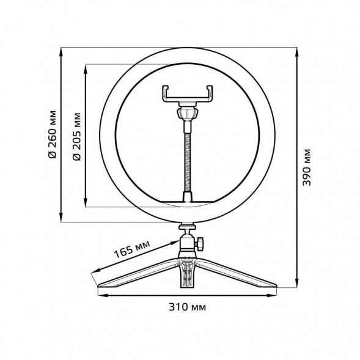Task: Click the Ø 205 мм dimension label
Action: coord(76,136)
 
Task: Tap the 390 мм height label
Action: coord(307,166)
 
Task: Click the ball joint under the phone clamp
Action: coord(188,114)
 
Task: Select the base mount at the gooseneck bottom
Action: coord(188,197)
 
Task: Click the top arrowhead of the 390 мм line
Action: coord(297,51)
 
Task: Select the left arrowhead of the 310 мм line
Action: coord(101,296)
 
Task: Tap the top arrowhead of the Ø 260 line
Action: coord(61,51)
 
